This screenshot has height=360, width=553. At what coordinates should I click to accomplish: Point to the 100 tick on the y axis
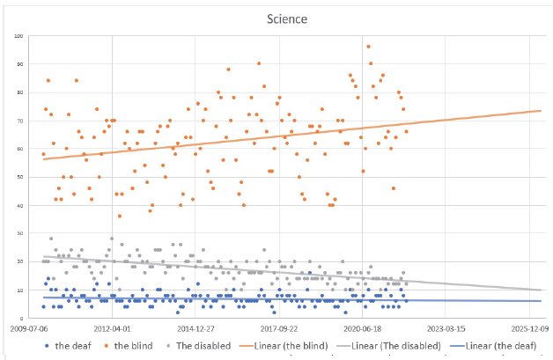[18, 36]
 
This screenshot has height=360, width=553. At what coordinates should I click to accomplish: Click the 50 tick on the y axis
[19, 177]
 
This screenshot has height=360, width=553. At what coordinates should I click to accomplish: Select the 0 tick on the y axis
[21, 318]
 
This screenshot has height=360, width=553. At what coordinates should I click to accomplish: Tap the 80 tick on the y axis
[19, 92]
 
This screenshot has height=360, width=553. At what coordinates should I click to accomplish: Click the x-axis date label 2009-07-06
[30, 327]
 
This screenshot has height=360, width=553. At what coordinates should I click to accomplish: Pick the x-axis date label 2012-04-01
[113, 327]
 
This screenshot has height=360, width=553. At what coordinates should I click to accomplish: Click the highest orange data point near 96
[368, 47]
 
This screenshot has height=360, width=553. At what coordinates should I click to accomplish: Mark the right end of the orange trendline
[541, 111]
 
